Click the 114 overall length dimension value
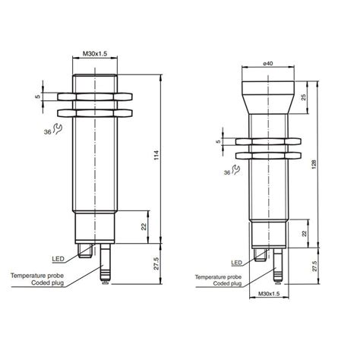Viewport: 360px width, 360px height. coord(157,156)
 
